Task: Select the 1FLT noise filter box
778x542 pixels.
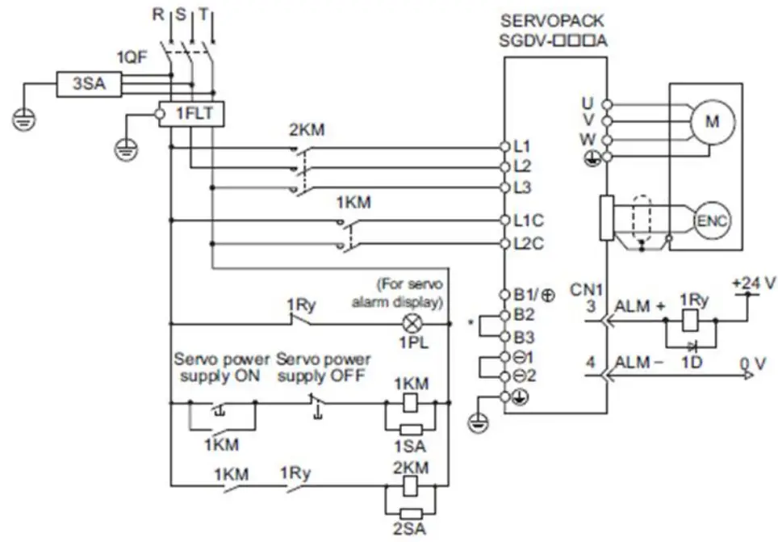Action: pos(194,113)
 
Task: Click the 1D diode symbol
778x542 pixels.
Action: pos(690,342)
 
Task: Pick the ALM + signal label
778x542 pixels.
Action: pos(641,307)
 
